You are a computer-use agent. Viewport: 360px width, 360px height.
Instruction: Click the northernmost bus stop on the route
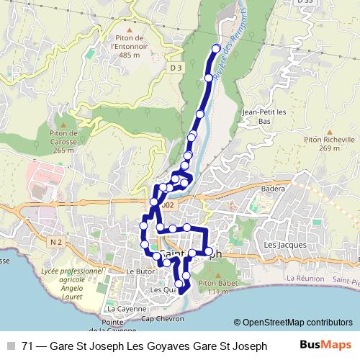(x=215, y=48)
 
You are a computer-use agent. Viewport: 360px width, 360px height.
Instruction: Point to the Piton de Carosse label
(x=63, y=141)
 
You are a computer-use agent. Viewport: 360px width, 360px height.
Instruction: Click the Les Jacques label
(x=280, y=246)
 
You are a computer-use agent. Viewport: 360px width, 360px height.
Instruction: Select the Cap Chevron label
(x=158, y=318)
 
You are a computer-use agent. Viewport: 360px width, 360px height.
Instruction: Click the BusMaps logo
(x=325, y=345)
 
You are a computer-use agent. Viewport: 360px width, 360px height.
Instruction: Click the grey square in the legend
(x=11, y=346)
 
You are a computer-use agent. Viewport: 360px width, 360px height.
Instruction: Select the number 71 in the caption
(x=29, y=346)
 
